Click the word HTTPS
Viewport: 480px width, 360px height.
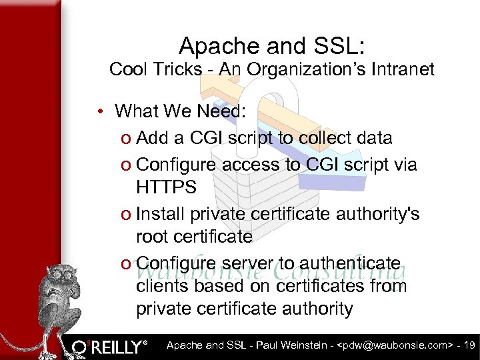pos(166,187)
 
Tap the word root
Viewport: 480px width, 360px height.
pos(151,237)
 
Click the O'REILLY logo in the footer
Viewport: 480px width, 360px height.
pos(110,347)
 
